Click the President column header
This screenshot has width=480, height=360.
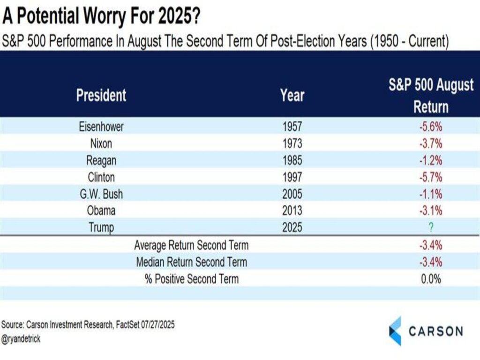click(101, 95)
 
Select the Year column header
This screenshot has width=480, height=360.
click(292, 95)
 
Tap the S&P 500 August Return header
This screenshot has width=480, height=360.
click(431, 96)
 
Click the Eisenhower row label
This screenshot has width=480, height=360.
click(101, 127)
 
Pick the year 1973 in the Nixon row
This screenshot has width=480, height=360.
click(292, 143)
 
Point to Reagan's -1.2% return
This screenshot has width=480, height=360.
click(431, 160)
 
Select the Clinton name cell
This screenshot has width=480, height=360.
click(101, 177)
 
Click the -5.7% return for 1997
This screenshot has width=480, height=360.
click(431, 177)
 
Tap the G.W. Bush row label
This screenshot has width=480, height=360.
click(101, 194)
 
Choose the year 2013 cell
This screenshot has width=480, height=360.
click(292, 210)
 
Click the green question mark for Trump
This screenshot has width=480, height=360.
click(431, 227)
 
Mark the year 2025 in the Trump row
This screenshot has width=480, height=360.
click(292, 227)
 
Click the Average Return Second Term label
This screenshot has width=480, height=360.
click(191, 245)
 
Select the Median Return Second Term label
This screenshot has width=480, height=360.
click(191, 262)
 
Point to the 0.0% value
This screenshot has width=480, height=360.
click(431, 279)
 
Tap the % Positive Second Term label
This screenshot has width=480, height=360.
click(192, 279)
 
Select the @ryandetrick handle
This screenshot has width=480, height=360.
click(21, 339)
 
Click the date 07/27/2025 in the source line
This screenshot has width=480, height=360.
click(157, 324)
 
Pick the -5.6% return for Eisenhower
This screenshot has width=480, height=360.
click(431, 127)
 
